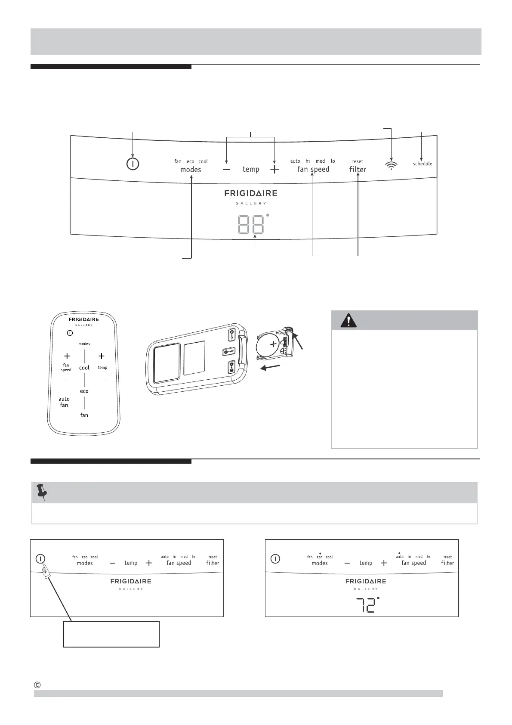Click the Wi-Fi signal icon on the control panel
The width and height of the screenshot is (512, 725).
coord(391,165)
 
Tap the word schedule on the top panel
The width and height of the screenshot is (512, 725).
coord(423,164)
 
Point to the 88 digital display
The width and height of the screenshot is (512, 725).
coord(251,224)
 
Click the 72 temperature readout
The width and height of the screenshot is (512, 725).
coord(365,606)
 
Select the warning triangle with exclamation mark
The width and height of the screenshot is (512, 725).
coord(348,320)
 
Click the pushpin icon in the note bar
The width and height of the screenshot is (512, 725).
coord(42,492)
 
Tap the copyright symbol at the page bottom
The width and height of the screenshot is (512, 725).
coord(37,685)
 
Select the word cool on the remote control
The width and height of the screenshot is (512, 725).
coord(84,368)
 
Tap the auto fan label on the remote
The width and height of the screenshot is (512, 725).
coord(64,402)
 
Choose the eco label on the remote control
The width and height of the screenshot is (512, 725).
coord(84,391)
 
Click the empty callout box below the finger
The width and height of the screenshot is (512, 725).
coord(111,634)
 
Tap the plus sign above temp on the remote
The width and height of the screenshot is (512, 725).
coord(102,356)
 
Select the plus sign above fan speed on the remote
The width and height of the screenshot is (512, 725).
coord(67,356)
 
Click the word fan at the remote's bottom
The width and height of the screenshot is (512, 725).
coord(84,415)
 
